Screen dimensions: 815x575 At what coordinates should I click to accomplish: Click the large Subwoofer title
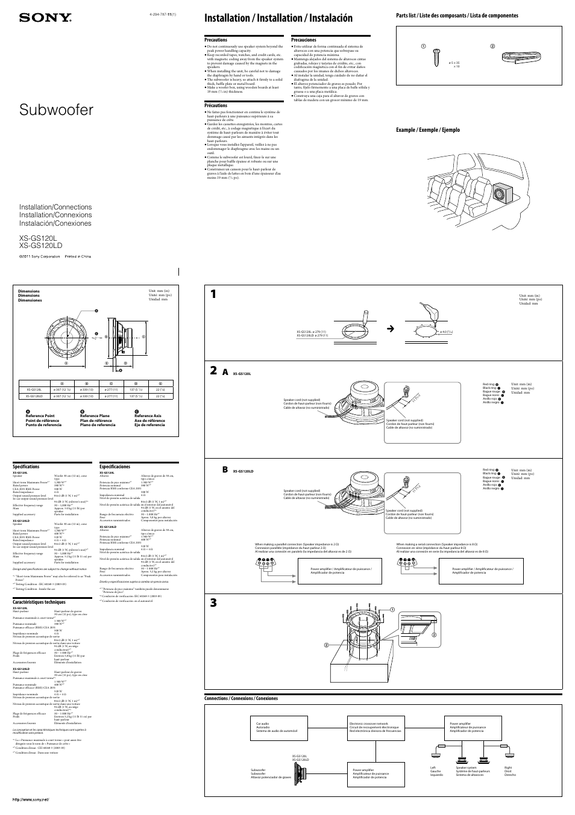(57, 110)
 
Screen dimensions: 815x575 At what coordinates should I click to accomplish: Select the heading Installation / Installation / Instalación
(278, 18)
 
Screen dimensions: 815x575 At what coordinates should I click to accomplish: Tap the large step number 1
(215, 294)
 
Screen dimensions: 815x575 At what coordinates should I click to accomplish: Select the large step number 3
(214, 603)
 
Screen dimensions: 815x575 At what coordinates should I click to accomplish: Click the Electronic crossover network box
(375, 727)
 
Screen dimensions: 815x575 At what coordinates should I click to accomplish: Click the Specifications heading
(26, 466)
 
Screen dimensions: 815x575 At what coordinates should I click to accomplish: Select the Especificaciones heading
(115, 466)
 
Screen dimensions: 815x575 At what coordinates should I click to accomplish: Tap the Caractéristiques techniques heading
(39, 602)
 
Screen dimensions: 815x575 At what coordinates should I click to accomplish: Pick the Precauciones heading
(304, 40)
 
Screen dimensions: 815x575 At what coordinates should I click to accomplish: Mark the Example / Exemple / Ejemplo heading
(427, 130)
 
